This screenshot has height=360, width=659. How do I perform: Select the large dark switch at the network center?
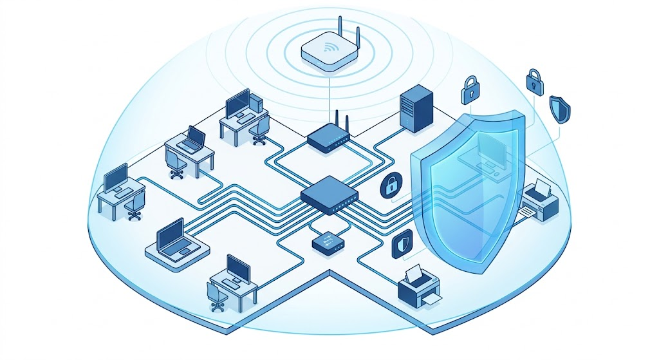328,195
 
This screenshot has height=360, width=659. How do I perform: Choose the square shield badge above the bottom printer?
401,245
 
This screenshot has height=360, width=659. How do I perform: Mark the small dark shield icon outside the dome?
559,109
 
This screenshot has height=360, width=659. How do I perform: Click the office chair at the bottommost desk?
217,297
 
